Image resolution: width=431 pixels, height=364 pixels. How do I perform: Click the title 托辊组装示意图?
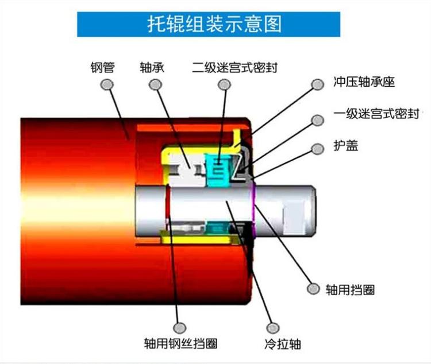215,24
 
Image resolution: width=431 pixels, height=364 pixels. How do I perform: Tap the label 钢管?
102,68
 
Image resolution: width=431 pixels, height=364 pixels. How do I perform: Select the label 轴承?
152,68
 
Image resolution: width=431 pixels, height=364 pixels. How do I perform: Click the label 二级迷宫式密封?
234,68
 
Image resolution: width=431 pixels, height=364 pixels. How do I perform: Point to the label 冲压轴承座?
364,82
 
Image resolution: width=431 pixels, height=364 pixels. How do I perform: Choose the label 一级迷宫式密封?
376,114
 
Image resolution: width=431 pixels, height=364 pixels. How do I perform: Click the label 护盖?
346,146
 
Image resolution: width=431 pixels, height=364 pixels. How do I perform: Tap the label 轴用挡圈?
350,290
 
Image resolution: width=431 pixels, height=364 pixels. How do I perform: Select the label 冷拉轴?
283,344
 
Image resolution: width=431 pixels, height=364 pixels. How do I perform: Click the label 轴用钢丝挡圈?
181,343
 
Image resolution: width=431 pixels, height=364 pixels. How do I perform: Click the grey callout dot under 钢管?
107,84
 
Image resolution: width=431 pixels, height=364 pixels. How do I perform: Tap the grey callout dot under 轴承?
155,84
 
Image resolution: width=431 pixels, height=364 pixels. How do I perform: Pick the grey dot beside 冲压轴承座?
318,84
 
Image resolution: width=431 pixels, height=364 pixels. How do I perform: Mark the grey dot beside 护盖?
318,149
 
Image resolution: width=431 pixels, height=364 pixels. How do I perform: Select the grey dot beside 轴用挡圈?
313,289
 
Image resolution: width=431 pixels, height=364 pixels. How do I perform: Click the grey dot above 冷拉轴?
273,328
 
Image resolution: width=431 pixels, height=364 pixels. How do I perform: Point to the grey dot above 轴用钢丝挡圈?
180,328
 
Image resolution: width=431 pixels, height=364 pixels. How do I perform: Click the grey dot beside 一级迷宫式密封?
318,120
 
